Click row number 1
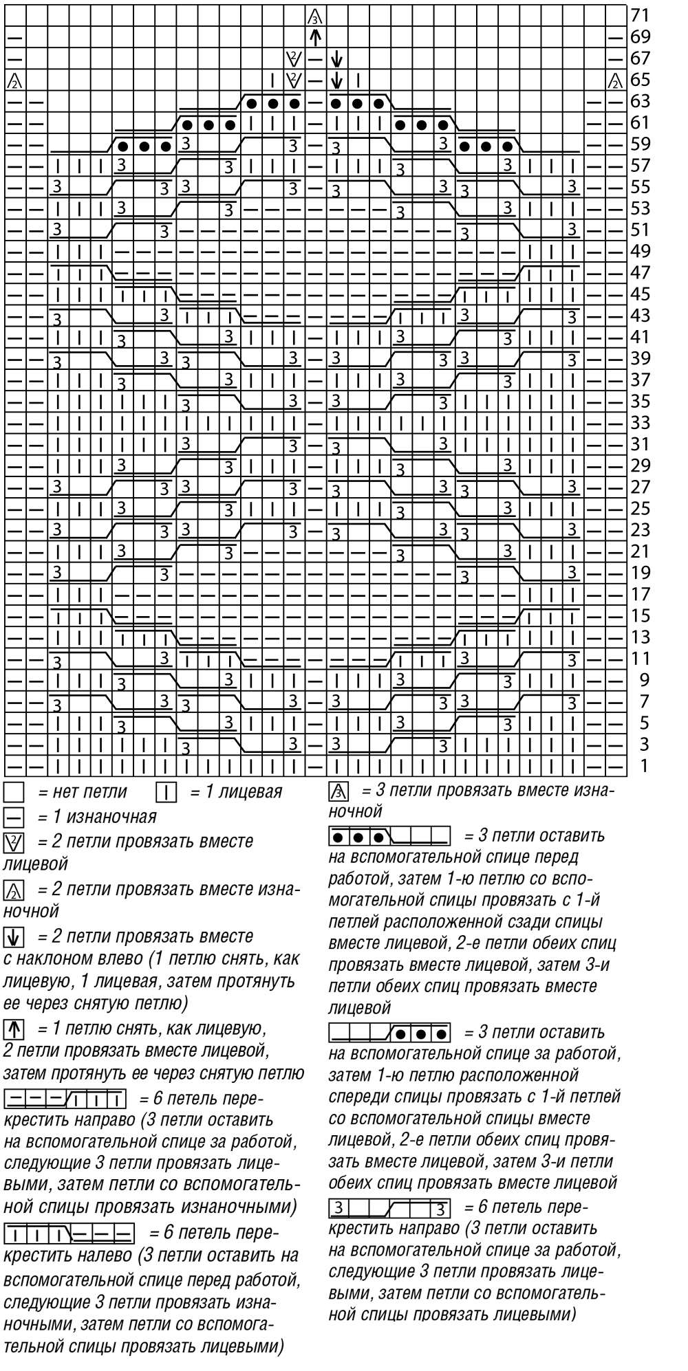click(x=644, y=766)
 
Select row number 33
click(x=640, y=422)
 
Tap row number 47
click(x=640, y=272)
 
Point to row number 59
click(x=640, y=144)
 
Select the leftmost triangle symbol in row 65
click(x=13, y=80)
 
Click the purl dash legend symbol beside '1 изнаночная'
click(x=13, y=818)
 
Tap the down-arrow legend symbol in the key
click(x=13, y=936)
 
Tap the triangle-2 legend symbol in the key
click(x=13, y=891)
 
